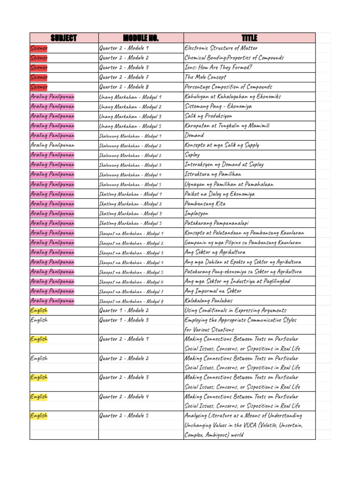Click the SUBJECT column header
click(64, 38)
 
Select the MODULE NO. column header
click(141, 38)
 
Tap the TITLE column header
click(249, 38)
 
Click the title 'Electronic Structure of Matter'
click(221, 48)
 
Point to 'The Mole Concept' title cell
click(205, 77)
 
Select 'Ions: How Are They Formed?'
click(218, 67)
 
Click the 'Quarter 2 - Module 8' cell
click(124, 87)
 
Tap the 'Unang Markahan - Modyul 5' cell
click(130, 126)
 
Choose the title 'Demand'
click(195, 135)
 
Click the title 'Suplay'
click(192, 155)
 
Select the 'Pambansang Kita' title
click(205, 203)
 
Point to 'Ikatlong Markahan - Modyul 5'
click(130, 223)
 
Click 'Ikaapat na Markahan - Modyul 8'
click(131, 301)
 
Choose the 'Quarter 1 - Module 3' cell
click(124, 320)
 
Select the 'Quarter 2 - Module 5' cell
click(124, 415)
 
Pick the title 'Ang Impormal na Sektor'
click(213, 291)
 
